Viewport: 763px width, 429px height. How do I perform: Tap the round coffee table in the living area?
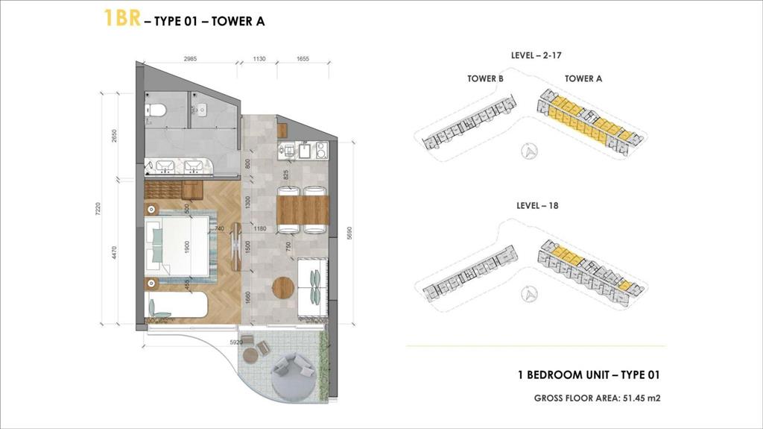click(282, 287)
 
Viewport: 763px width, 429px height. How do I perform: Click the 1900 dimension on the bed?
click(186, 245)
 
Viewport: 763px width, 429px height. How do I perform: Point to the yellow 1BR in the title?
click(121, 19)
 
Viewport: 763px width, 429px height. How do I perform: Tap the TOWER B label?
click(485, 78)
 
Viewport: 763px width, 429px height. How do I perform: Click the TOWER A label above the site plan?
click(583, 78)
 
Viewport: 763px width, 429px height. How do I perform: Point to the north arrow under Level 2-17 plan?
click(530, 151)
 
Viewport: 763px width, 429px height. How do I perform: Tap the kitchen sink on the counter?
click(305, 151)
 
